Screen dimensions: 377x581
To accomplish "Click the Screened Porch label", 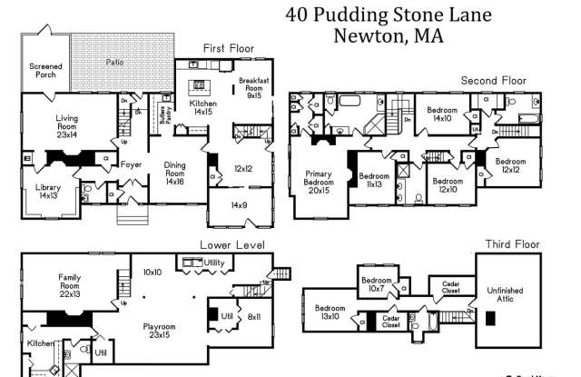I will tap(45, 71).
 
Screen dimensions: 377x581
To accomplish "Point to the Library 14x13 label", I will tap(48, 192).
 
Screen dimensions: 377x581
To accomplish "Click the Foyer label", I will tap(133, 165).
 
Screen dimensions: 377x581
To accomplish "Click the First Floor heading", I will tap(229, 48).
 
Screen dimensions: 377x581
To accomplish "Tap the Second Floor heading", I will tap(493, 81).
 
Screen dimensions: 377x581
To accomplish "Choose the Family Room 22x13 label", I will tap(71, 282).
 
